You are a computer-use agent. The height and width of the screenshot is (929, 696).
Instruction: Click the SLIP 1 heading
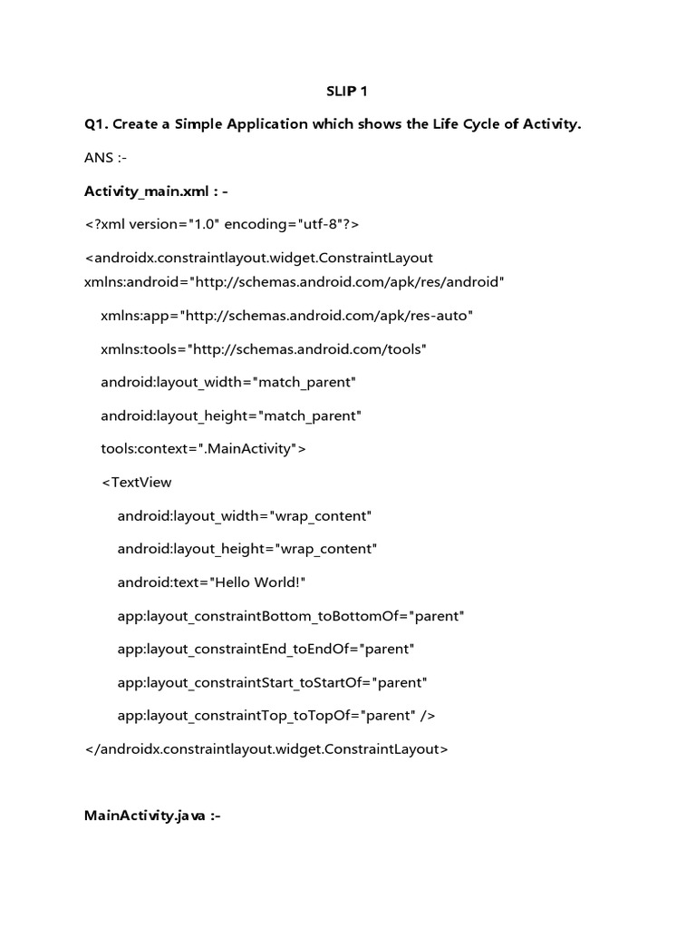tap(347, 91)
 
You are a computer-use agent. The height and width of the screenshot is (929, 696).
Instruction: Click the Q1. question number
tap(98, 124)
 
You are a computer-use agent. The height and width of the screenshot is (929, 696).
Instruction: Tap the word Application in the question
tap(256, 124)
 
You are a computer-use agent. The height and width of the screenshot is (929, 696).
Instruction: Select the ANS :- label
tap(105, 158)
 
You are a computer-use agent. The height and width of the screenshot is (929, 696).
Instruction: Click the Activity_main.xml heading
tap(162, 191)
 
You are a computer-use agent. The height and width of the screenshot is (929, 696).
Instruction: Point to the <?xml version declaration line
tap(223, 224)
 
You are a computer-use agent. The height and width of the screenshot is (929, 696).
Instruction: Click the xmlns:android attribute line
tap(294, 281)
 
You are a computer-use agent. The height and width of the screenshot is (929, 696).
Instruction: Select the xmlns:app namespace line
tap(287, 315)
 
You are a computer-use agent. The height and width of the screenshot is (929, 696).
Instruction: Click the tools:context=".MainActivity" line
tap(204, 449)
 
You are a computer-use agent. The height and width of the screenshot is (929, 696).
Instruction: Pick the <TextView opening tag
tap(136, 483)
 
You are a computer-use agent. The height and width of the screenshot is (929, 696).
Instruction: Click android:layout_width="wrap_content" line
tap(245, 516)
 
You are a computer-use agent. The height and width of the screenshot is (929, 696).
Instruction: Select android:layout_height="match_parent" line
tap(231, 416)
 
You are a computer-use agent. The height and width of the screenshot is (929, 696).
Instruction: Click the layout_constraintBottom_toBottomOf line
tap(291, 616)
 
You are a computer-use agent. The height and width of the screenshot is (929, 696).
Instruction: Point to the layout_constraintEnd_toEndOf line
tap(266, 650)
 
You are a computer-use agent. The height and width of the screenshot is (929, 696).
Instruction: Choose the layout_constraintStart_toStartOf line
tap(272, 682)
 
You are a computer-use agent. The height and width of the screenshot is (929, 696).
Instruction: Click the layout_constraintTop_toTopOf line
tap(276, 716)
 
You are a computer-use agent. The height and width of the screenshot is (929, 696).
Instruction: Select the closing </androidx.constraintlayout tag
tap(266, 749)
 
